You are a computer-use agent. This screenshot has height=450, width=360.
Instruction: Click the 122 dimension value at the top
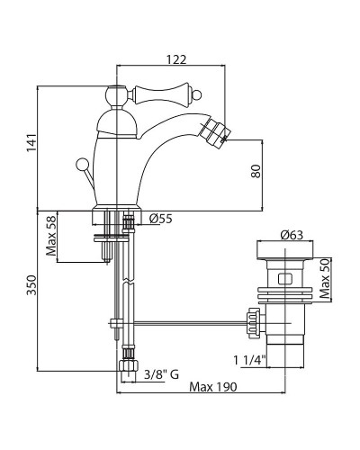click(176, 59)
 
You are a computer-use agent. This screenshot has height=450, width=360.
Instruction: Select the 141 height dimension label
click(31, 142)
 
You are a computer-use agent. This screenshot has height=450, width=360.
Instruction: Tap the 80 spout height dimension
click(256, 171)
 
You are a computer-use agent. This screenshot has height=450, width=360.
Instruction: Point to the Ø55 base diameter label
click(161, 219)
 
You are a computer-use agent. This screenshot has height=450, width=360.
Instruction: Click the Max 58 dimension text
click(51, 236)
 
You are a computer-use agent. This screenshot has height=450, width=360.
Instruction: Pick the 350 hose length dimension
click(31, 285)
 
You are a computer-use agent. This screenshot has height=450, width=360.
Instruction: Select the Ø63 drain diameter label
click(292, 235)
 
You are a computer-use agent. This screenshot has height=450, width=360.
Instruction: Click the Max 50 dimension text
click(325, 279)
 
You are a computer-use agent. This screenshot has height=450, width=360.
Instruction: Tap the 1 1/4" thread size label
click(250, 360)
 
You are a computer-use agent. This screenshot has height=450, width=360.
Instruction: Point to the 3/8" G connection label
click(161, 374)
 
